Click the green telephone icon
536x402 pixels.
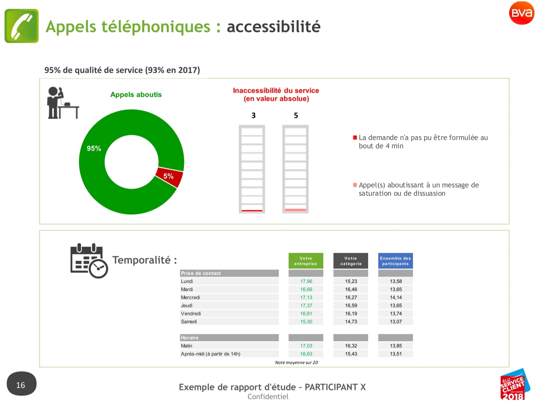[22, 26]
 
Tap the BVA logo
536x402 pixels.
[522, 13]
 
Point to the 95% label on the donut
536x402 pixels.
[94, 148]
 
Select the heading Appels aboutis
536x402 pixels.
[136, 95]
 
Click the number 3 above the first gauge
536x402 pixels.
[254, 115]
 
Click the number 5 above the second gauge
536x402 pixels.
[296, 115]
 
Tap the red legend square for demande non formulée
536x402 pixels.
[355, 137]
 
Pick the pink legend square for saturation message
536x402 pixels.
[355, 185]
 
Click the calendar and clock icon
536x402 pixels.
[89, 261]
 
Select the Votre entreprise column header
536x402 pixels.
[306, 261]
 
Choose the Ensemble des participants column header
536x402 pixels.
[395, 261]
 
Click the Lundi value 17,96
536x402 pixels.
[306, 281]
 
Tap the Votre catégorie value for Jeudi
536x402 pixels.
[351, 306]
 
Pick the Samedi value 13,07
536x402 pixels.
[396, 322]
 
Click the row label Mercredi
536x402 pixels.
[190, 297]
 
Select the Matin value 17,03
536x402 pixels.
[306, 346]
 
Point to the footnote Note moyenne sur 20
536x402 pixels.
[296, 362]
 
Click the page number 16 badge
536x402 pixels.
[22, 383]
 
